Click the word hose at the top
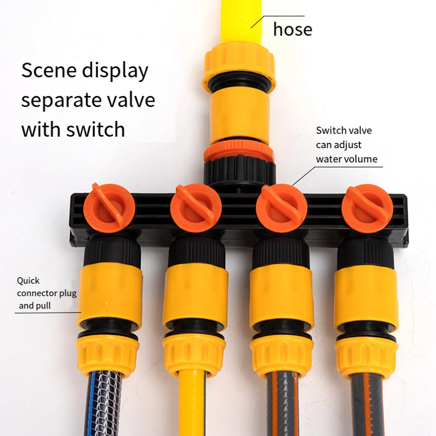click(292, 29)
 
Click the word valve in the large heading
click(131, 100)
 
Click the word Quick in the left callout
click(28, 281)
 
